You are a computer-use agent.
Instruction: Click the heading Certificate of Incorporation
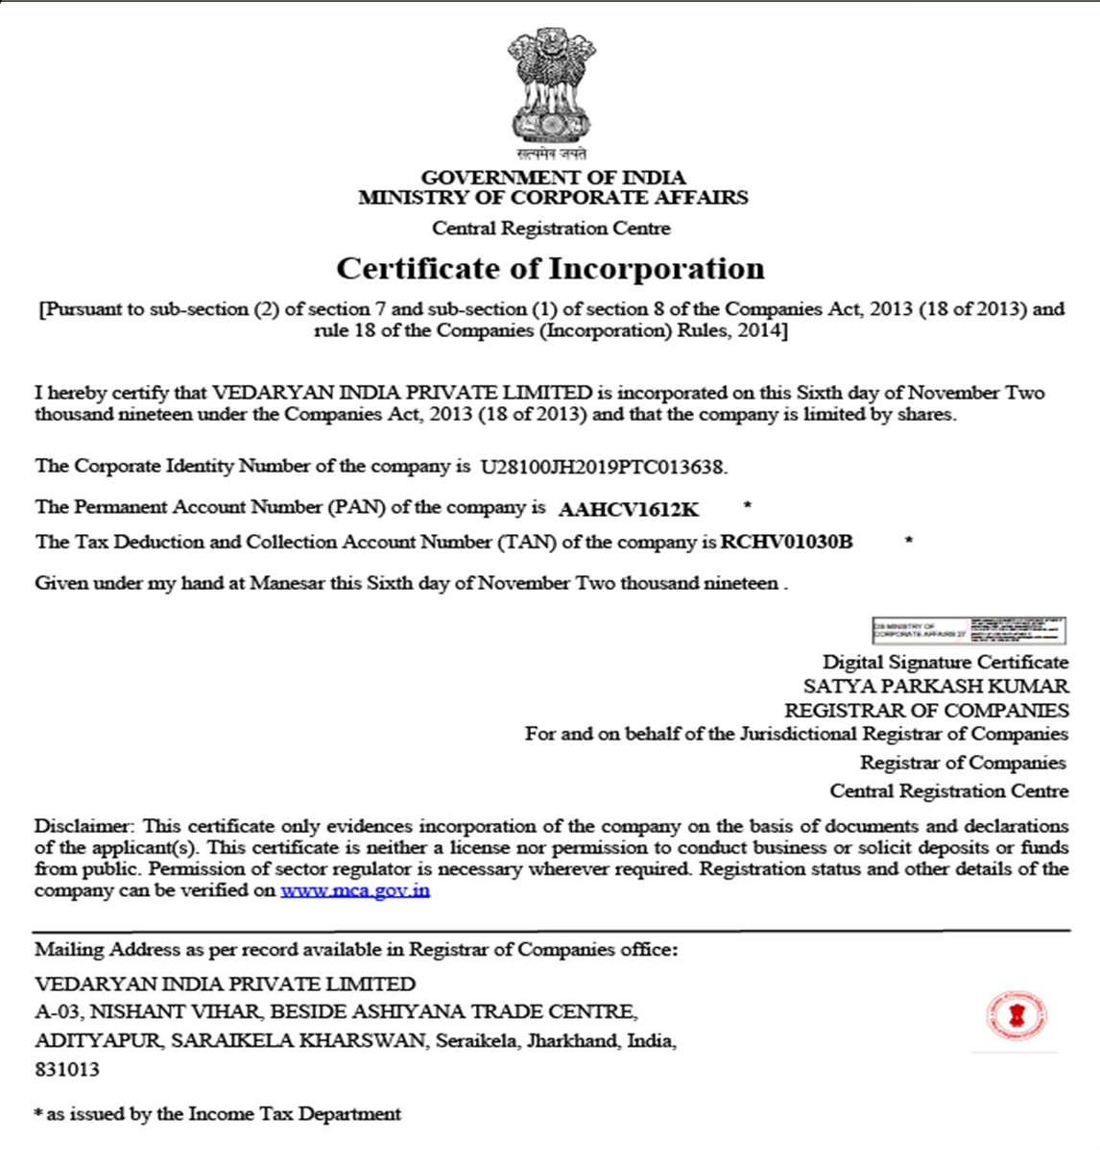pos(550,268)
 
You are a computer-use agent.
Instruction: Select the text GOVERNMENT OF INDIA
pos(553,178)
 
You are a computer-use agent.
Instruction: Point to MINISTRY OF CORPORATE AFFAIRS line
pos(553,198)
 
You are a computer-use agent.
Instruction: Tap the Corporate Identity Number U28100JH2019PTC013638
pos(603,468)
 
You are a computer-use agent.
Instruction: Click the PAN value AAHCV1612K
pos(629,509)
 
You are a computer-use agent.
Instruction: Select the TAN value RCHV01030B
pos(786,542)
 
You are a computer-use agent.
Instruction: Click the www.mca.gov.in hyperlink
pos(355,890)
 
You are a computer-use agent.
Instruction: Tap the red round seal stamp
pos(1016,1015)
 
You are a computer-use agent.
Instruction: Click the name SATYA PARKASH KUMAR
pos(936,686)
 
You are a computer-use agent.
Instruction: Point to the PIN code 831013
pos(67,1069)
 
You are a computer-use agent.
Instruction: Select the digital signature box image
pos(968,630)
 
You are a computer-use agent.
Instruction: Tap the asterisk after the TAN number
pos(908,541)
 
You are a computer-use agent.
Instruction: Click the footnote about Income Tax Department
pos(218,1114)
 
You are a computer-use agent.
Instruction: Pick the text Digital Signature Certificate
pos(945,662)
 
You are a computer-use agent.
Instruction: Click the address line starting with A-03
pos(336,1011)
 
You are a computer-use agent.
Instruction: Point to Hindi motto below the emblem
pos(551,154)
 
